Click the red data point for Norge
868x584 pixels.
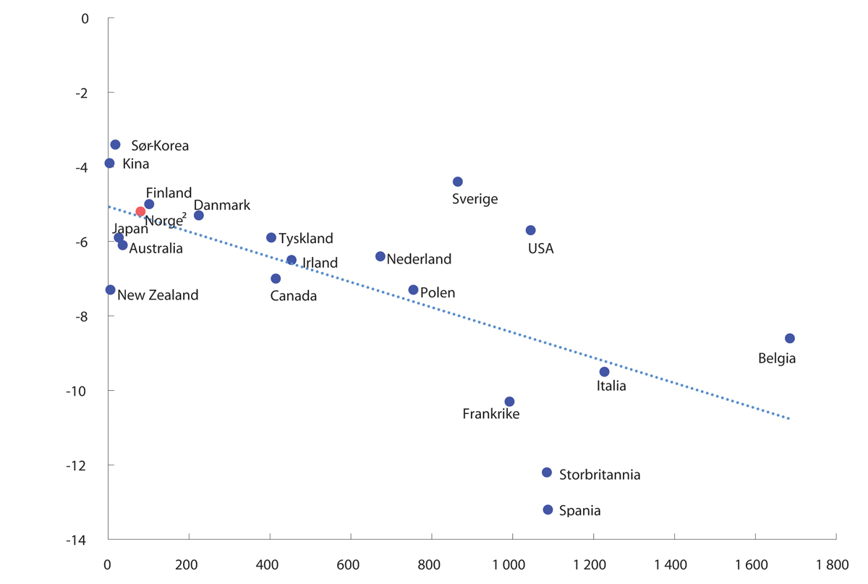(140, 211)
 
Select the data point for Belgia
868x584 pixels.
(789, 338)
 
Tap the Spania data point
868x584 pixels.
(548, 509)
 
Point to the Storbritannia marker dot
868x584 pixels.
(547, 473)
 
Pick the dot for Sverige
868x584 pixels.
(457, 182)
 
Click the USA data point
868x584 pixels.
(530, 230)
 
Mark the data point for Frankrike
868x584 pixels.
(509, 402)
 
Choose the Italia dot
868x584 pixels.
(604, 372)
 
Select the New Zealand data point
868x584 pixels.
(110, 289)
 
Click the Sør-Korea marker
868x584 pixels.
(115, 145)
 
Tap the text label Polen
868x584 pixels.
(438, 293)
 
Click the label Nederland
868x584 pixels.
(419, 259)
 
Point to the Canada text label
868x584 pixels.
(293, 296)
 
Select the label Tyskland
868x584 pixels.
(306, 238)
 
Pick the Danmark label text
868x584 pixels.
(221, 205)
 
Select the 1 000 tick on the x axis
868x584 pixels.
(511, 564)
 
